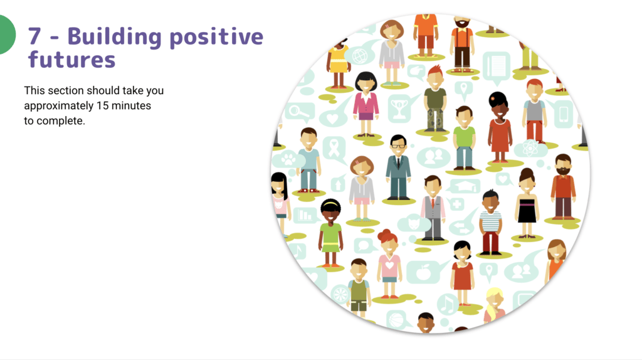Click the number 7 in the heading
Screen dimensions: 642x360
pos(34,36)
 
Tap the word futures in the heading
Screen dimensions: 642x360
pos(71,60)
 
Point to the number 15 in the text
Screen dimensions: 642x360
pos(102,105)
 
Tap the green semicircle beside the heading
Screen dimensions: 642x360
pos(7,35)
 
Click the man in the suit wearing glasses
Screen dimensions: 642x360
pos(398,167)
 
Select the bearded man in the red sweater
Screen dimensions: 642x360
pos(563,186)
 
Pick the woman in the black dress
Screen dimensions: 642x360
pos(527,203)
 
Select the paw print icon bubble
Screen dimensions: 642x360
pos(288,160)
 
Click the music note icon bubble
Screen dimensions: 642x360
pos(448,304)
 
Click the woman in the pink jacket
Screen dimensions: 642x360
pos(366,105)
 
